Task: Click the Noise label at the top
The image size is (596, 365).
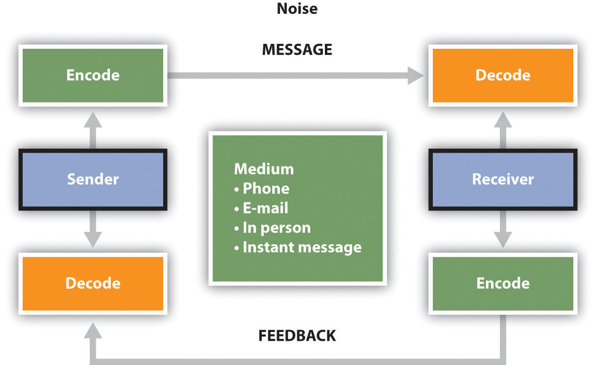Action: tap(297, 8)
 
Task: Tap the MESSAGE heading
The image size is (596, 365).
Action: tap(297, 49)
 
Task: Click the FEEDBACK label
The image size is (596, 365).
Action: tap(297, 335)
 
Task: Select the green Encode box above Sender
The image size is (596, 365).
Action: tap(93, 75)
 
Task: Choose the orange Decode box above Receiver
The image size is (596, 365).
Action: tap(503, 75)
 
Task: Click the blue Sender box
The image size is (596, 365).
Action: tap(93, 180)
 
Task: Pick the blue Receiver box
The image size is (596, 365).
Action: tap(503, 180)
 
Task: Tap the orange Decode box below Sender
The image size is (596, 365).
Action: tap(93, 284)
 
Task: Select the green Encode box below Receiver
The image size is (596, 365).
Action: tap(503, 284)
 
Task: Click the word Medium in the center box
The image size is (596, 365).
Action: tap(264, 169)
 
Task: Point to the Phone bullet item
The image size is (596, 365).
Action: tap(262, 189)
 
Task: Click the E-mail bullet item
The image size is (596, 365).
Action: tap(261, 208)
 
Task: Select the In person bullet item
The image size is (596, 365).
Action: tap(273, 228)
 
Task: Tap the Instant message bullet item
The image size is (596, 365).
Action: tap(298, 248)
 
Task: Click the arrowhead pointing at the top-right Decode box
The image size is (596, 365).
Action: tap(416, 75)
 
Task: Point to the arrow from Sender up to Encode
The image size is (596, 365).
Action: tap(93, 130)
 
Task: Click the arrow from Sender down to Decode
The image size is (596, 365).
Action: tap(93, 229)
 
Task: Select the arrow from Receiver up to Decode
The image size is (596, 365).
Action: tap(503, 130)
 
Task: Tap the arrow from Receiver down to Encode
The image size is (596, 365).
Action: tap(503, 229)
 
